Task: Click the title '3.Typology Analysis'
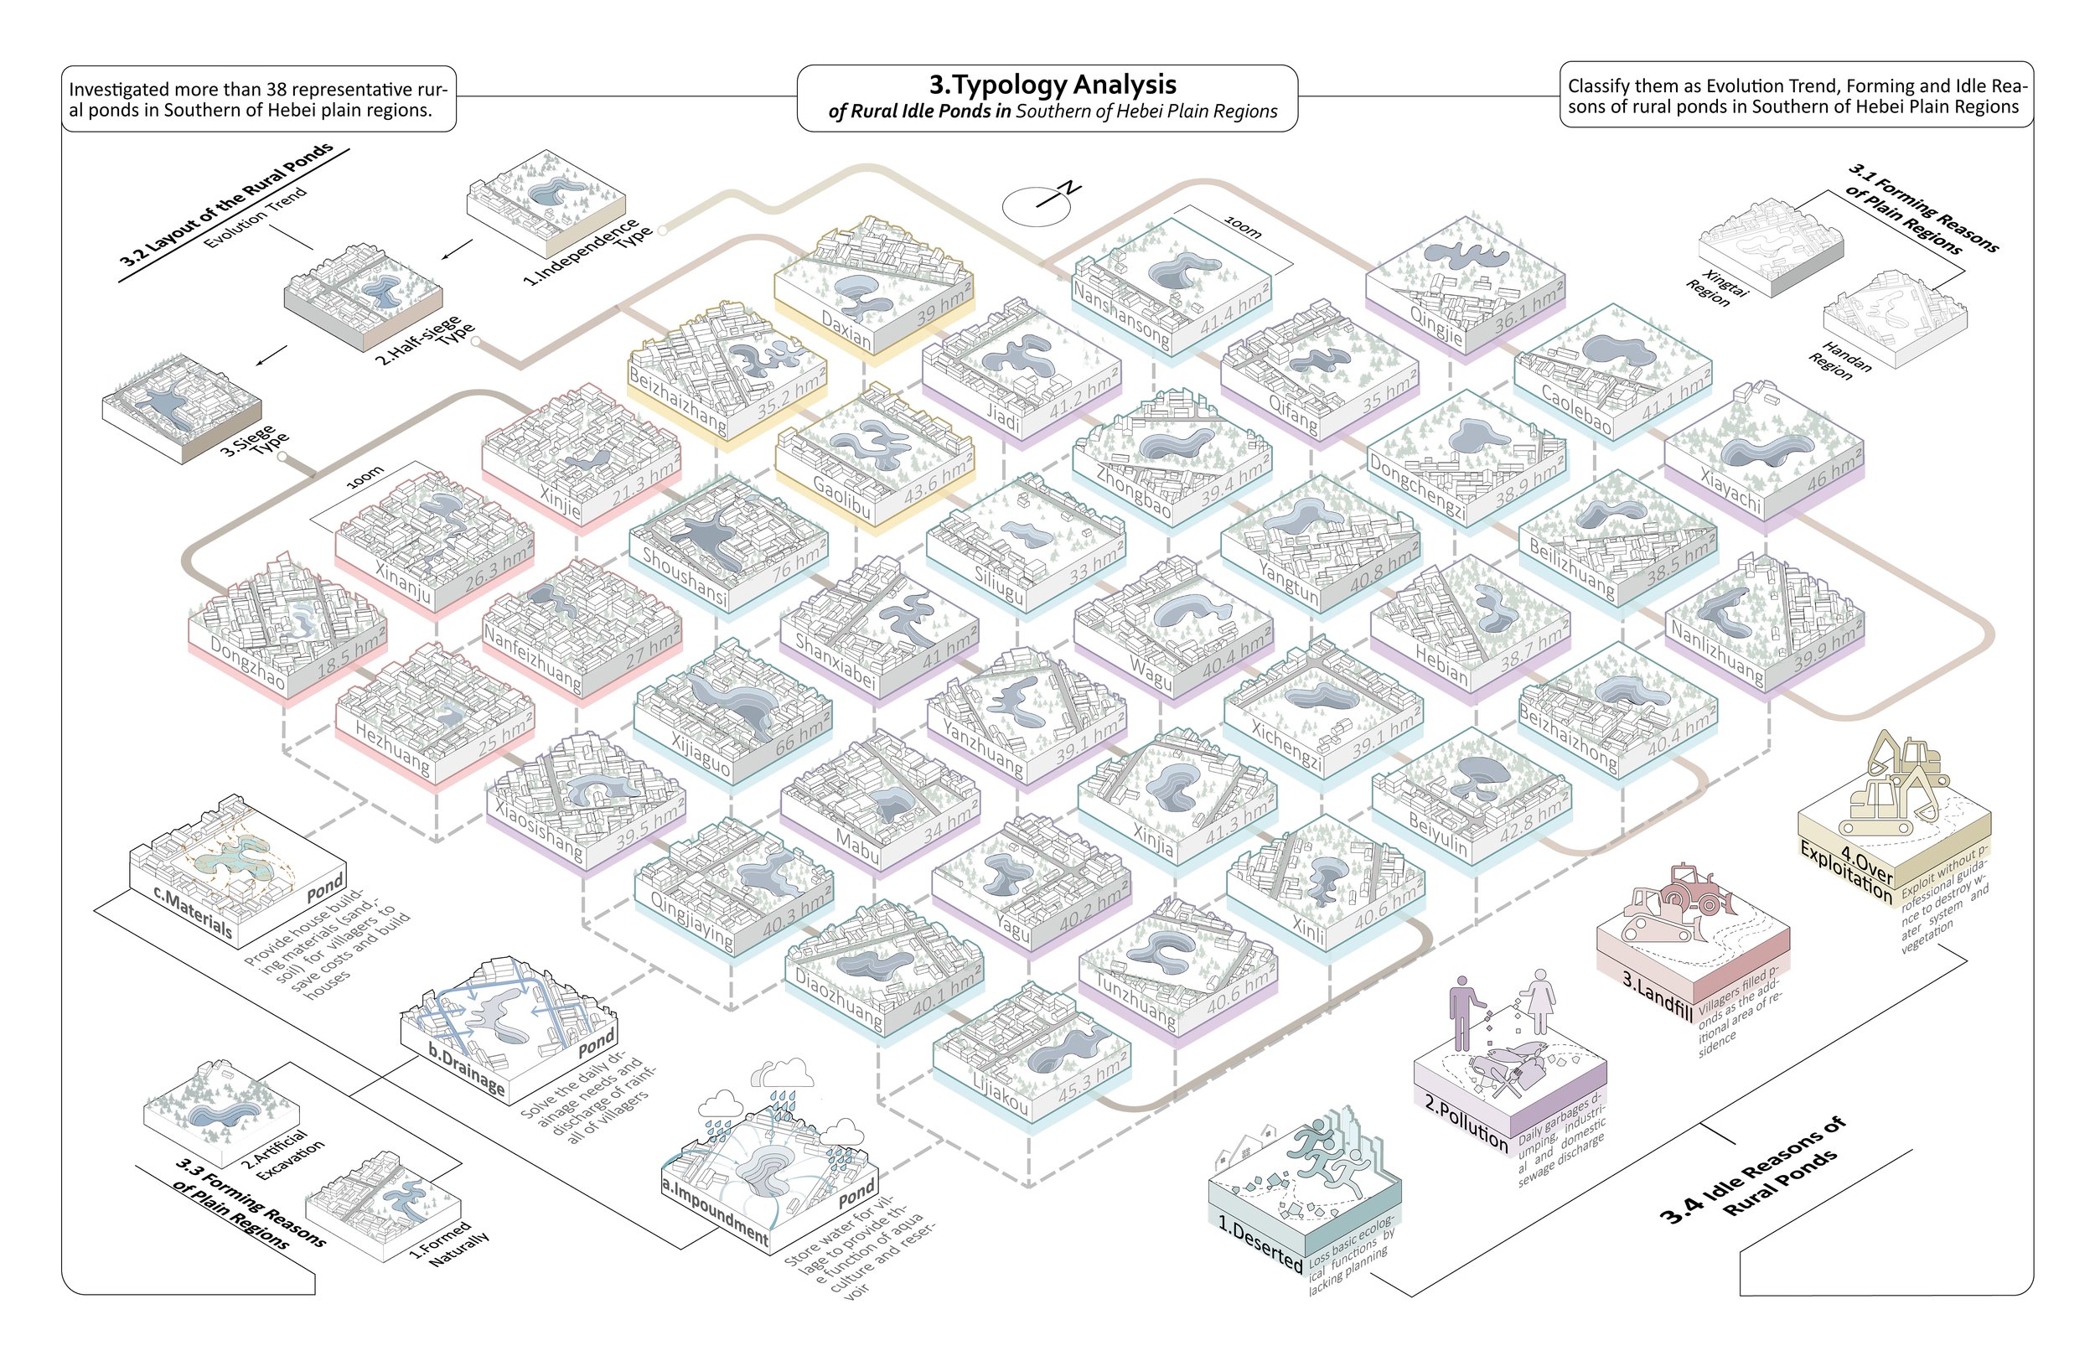tap(1053, 85)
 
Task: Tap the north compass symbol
tap(1038, 205)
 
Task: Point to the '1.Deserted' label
tap(1260, 1240)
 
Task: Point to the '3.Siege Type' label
tap(256, 441)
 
